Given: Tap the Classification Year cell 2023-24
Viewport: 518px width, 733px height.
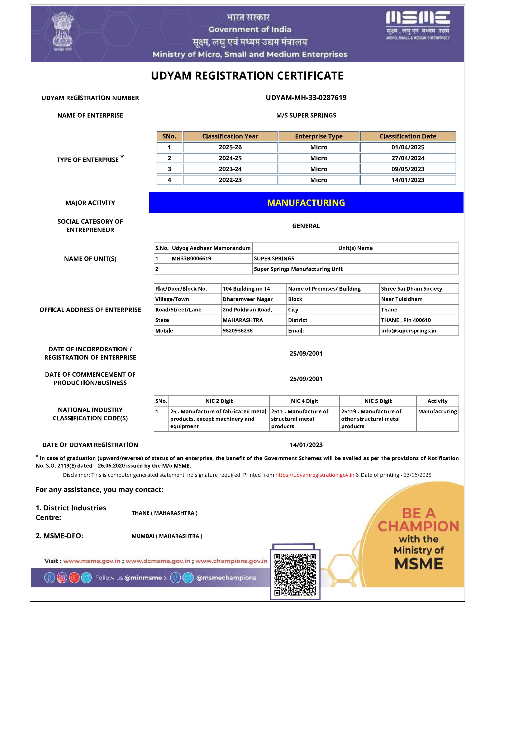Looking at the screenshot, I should pyautogui.click(x=230, y=169).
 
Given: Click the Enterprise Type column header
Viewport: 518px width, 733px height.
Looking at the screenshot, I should pyautogui.click(x=319, y=136).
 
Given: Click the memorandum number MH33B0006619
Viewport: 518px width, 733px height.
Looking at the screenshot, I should pyautogui.click(x=191, y=259).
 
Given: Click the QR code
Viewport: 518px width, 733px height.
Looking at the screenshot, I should pyautogui.click(x=295, y=575).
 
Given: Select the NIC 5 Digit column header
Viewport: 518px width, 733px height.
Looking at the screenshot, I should pyautogui.click(x=378, y=401).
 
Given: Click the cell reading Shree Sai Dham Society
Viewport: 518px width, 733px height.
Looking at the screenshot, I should pyautogui.click(x=411, y=289).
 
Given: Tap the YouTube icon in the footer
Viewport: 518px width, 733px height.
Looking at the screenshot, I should pyautogui.click(x=74, y=578).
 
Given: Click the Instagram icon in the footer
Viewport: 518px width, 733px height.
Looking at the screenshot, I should pyautogui.click(x=62, y=578).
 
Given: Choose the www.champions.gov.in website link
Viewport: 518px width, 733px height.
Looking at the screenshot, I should pyautogui.click(x=231, y=561).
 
